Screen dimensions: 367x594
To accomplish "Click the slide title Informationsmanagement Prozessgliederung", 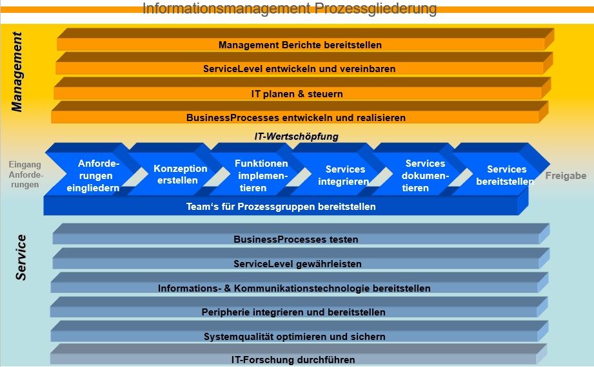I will point(289,9).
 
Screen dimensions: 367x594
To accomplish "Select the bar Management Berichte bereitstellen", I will point(300,45).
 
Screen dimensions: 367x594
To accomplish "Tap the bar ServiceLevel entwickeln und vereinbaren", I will point(299,69).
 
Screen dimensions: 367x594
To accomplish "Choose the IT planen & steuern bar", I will point(297,94).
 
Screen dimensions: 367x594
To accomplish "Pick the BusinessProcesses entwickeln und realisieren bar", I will point(295,118).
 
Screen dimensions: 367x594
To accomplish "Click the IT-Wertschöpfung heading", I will point(296,136).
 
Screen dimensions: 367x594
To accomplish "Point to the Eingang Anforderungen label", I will point(25,174).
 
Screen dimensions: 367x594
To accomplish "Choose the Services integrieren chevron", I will point(344,175).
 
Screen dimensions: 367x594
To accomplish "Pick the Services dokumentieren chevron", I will point(424,176).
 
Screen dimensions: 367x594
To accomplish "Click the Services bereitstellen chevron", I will point(506,175).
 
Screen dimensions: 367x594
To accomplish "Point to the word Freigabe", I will point(566,176).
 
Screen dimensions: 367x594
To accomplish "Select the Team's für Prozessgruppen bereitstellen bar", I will point(281,207).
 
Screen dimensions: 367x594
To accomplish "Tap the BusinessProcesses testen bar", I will point(295,240).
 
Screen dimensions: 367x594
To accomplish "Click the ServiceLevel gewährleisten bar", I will point(297,264).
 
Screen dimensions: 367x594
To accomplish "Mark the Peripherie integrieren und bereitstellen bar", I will point(293,312).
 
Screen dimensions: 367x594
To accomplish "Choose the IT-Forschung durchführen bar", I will point(293,360).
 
